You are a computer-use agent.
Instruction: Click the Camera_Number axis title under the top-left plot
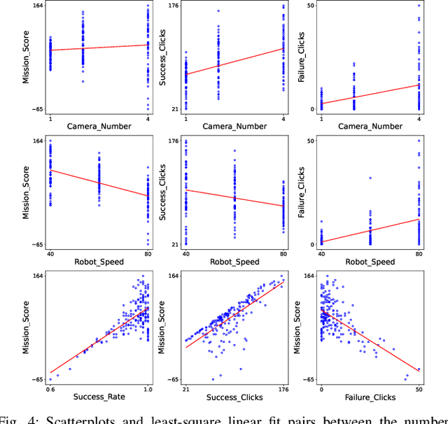tap(99, 126)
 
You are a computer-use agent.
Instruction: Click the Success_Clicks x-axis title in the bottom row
tap(234, 397)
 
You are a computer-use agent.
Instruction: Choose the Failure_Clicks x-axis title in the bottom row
tap(370, 397)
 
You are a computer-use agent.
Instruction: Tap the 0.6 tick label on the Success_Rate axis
tap(50, 388)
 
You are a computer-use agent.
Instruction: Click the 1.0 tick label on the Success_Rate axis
tap(148, 388)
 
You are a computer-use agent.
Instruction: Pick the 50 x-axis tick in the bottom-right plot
tap(419, 388)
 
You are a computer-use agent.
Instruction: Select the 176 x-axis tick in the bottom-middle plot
tap(283, 388)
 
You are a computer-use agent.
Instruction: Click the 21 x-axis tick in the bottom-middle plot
tap(186, 388)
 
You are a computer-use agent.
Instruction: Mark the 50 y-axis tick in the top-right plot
tap(310, 6)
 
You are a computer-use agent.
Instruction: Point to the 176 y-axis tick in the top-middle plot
tap(172, 6)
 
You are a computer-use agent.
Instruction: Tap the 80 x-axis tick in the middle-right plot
tap(419, 253)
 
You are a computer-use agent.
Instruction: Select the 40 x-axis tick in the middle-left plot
tap(50, 253)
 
